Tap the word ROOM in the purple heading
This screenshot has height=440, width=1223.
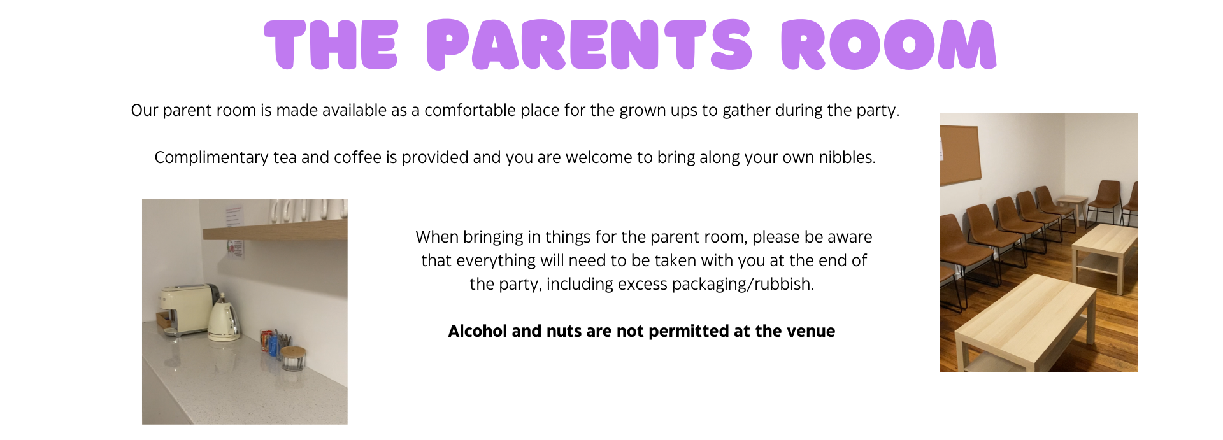(x=889, y=45)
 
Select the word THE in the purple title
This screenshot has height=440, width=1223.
(x=331, y=45)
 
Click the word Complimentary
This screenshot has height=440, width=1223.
(x=211, y=158)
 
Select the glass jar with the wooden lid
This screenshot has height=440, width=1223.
(x=293, y=358)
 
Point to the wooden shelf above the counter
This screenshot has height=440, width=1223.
(x=275, y=231)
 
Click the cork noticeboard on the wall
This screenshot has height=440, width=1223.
(x=961, y=154)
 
